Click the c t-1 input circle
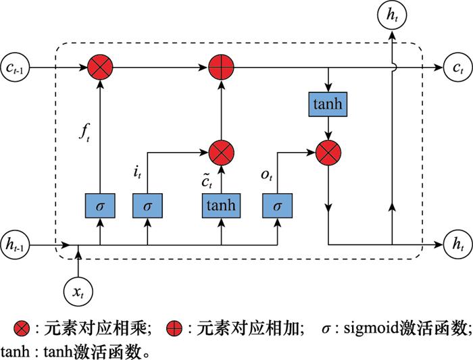coord(15,68)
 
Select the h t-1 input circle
coord(15,245)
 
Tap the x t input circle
coord(78,292)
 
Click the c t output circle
coord(458,68)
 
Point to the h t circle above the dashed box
coord(392,15)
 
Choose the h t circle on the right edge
coord(458,245)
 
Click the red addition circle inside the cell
coord(221,68)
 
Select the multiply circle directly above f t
coord(100,68)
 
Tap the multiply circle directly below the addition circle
coord(221,153)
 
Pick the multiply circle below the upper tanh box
coord(328,153)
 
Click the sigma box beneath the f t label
coord(100,205)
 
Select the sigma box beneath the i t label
coord(147,205)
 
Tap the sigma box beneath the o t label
coord(277,205)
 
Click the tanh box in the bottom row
coord(221,205)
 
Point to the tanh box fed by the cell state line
coord(328,104)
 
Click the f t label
coord(84,132)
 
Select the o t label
coord(267,175)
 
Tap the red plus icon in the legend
coord(174,329)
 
